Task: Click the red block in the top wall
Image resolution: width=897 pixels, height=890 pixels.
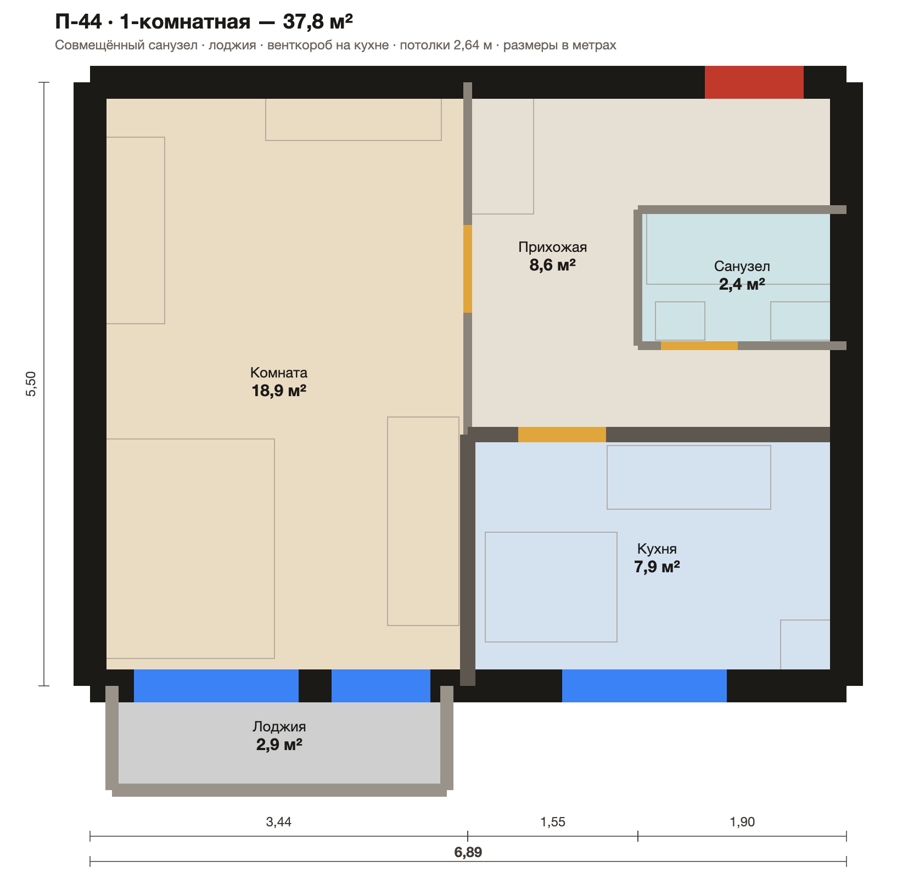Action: [754, 82]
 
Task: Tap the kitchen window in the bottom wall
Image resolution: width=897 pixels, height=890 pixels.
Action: [644, 686]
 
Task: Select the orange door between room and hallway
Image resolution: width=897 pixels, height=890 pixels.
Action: [468, 269]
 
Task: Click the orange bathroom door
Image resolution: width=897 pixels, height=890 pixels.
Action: [699, 346]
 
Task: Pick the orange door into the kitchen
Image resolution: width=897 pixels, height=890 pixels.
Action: [562, 435]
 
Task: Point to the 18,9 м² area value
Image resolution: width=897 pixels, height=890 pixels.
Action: [279, 391]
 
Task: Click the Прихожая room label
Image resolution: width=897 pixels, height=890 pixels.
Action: [553, 247]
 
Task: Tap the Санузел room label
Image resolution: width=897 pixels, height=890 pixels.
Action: [742, 267]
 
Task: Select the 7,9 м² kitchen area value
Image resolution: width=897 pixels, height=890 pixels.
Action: [657, 567]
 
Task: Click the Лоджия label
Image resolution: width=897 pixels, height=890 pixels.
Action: [279, 726]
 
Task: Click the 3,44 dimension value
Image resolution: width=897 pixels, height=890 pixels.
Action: [278, 822]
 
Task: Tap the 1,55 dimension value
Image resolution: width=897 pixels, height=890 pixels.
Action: [553, 822]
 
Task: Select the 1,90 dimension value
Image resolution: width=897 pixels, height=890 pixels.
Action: [742, 822]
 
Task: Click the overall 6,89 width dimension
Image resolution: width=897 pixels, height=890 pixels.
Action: [468, 852]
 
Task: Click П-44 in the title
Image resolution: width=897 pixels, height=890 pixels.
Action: [79, 22]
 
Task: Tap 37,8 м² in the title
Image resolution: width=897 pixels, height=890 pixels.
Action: [318, 22]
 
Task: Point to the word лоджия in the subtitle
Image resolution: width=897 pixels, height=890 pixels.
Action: [232, 45]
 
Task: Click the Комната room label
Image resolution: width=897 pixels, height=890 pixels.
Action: [279, 373]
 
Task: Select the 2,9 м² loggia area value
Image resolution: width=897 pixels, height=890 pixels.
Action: [279, 745]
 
